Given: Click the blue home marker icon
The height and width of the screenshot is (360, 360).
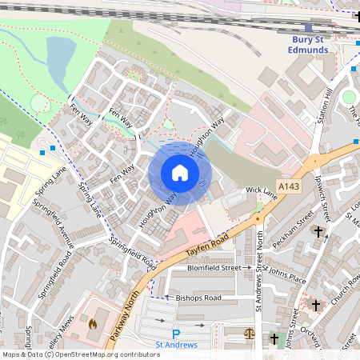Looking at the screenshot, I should (x=180, y=173).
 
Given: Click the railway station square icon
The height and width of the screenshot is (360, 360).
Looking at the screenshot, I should (x=308, y=27).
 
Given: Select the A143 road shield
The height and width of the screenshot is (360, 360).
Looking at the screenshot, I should (x=289, y=186).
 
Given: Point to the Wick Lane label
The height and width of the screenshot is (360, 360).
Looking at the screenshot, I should (x=261, y=190).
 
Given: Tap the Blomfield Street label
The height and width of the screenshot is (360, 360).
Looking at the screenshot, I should (x=214, y=268).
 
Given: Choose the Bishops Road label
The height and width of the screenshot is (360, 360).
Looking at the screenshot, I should (x=198, y=298).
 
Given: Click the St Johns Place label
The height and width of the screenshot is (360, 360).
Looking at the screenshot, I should (x=286, y=277).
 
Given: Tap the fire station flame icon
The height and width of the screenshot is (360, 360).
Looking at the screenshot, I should (x=92, y=325).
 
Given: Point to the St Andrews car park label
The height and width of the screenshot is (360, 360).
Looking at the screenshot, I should (x=176, y=346).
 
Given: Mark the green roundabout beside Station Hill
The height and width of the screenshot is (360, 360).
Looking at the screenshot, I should (x=348, y=98).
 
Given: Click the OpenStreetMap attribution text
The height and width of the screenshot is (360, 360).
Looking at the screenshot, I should (x=80, y=354).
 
